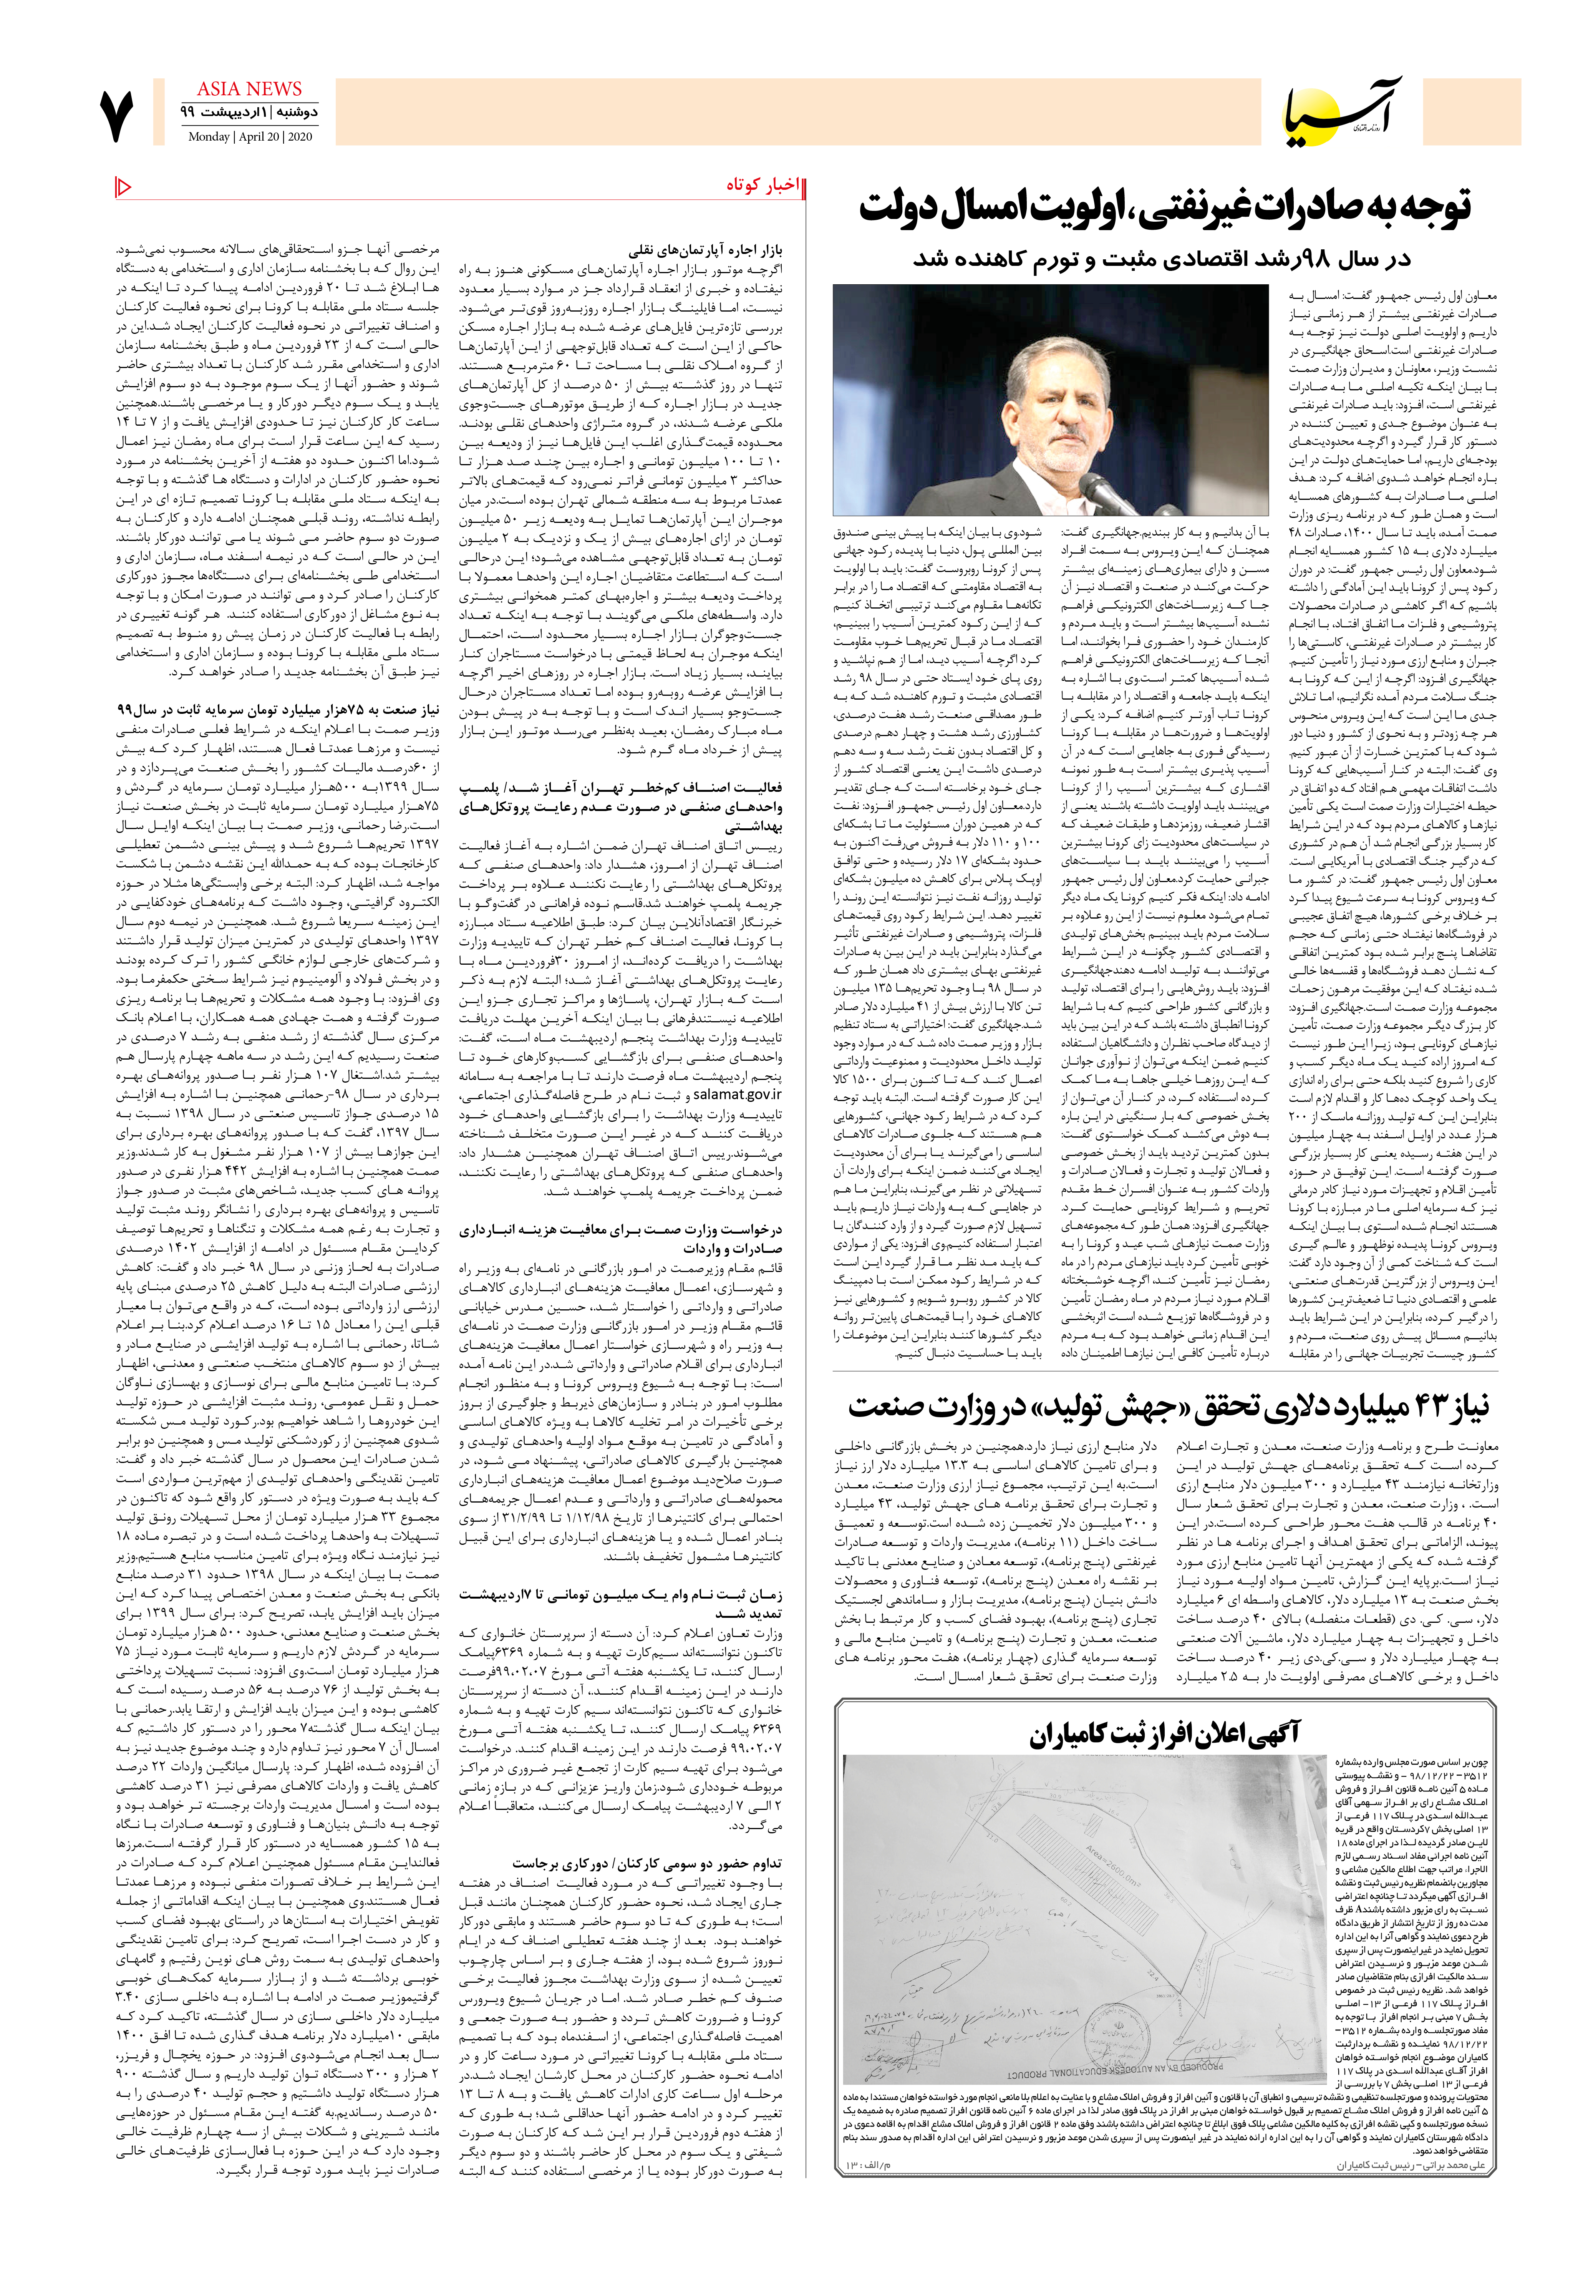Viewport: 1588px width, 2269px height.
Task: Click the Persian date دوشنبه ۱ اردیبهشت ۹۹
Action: pyautogui.click(x=249, y=113)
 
